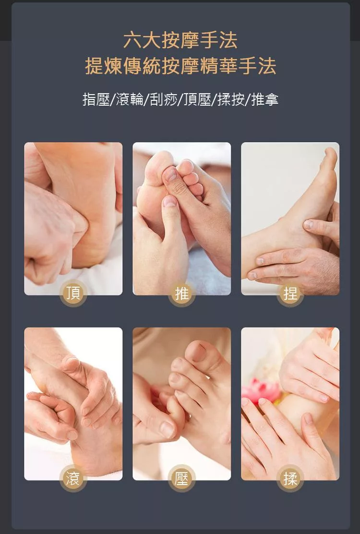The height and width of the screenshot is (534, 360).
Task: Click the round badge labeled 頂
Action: point(73,293)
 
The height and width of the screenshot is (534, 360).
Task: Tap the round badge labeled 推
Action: point(182,293)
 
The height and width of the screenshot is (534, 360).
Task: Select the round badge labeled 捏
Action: point(290,293)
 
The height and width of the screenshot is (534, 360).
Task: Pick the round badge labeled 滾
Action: point(73,478)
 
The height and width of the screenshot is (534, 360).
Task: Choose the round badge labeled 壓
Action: point(182,478)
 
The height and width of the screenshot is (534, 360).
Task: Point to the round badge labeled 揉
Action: point(290,478)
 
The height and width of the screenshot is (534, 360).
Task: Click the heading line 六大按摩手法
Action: point(180,40)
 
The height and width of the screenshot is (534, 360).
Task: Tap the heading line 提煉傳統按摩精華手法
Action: point(180,66)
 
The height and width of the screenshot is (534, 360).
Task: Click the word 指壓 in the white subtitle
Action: point(96,99)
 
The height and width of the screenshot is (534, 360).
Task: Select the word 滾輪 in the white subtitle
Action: point(130,99)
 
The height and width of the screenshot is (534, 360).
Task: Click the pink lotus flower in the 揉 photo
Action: point(261,391)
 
